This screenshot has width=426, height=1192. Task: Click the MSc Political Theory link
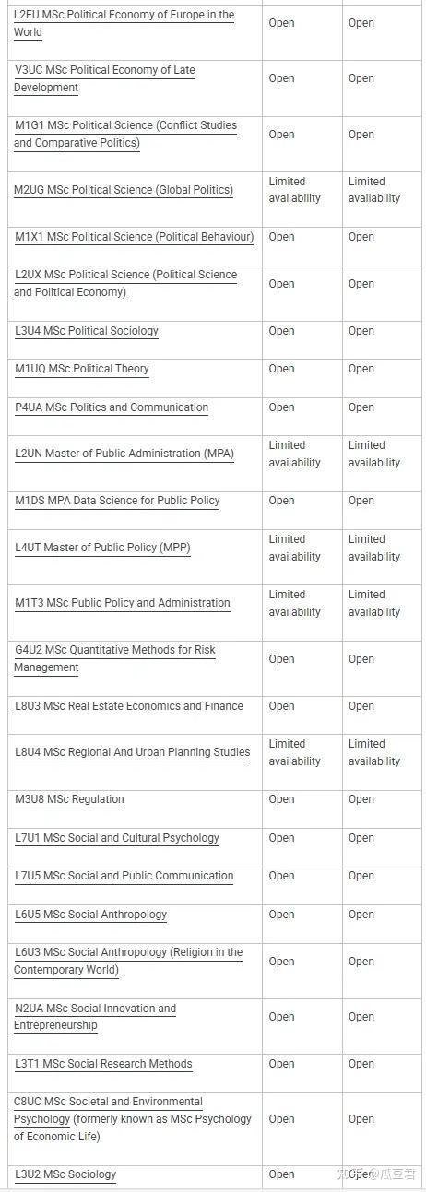click(x=82, y=369)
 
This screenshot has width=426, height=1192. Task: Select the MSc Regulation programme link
click(x=69, y=799)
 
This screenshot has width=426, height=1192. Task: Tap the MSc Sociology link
click(x=65, y=1174)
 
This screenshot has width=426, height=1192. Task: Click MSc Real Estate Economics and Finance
click(x=129, y=706)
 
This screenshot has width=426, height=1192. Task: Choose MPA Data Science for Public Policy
click(x=117, y=501)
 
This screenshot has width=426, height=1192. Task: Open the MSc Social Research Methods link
click(x=103, y=1064)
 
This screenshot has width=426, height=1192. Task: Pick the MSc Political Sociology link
click(x=87, y=331)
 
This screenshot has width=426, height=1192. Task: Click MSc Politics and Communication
click(x=112, y=407)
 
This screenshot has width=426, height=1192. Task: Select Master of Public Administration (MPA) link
click(x=124, y=454)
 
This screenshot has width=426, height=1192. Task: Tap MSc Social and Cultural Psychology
click(x=117, y=838)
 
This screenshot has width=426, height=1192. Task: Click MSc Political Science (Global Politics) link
click(x=124, y=190)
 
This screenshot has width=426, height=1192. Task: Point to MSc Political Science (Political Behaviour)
click(x=134, y=237)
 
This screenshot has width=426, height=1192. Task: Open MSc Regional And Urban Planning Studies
click(x=132, y=752)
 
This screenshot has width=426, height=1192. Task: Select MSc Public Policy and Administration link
click(x=123, y=603)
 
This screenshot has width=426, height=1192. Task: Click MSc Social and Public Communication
click(x=124, y=876)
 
